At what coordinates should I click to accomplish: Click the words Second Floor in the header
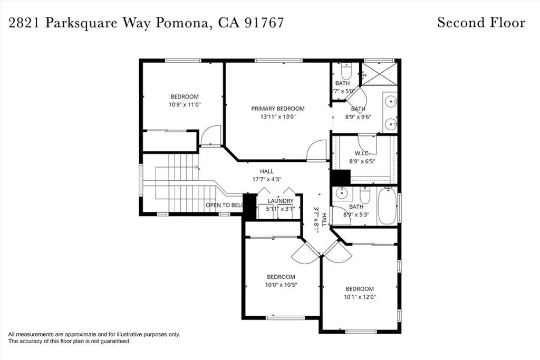(x=481, y=23)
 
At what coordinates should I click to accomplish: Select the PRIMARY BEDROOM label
(x=277, y=109)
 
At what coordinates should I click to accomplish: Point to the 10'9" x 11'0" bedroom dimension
(x=185, y=105)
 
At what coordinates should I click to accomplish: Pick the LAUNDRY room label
(x=280, y=201)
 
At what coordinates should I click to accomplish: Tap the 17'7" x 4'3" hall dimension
(x=266, y=179)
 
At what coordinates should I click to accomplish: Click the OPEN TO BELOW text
(x=225, y=205)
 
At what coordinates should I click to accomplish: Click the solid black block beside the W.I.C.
(x=340, y=178)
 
